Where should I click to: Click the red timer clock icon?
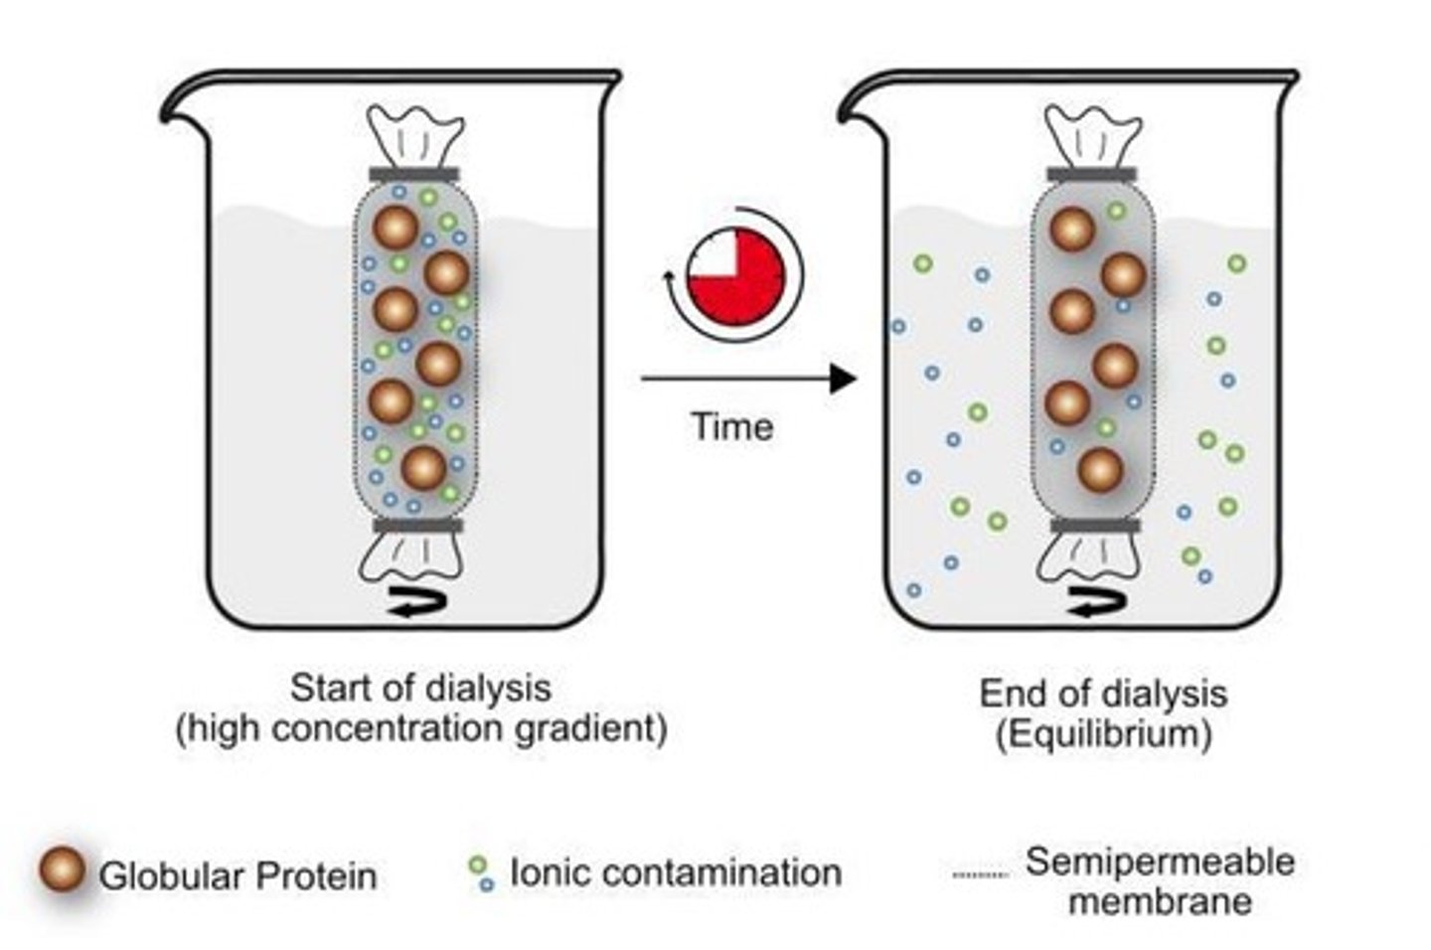(x=735, y=274)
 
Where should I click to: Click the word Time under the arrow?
(x=731, y=426)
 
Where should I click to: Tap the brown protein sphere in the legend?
(x=63, y=871)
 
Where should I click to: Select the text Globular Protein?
(x=238, y=876)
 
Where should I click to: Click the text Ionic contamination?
(x=675, y=872)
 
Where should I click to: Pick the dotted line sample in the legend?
(x=980, y=875)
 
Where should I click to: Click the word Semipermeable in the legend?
(x=1160, y=862)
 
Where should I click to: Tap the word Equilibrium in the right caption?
(x=1103, y=734)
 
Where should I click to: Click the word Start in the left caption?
(x=327, y=688)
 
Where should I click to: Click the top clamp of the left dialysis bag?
(x=414, y=175)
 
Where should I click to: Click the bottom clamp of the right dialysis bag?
(x=1095, y=525)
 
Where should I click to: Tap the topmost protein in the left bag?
(x=396, y=229)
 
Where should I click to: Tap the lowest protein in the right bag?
(x=1100, y=470)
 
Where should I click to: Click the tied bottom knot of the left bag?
(x=413, y=556)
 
